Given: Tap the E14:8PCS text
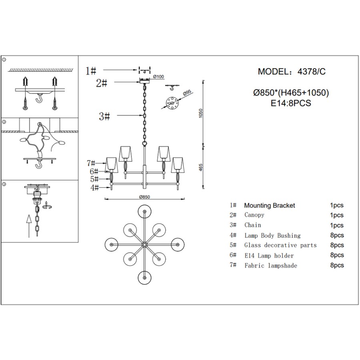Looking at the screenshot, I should click(x=291, y=103).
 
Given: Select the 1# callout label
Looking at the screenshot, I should click(x=91, y=71).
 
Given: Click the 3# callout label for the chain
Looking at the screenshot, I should click(x=104, y=116).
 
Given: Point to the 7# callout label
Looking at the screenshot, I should click(x=91, y=163).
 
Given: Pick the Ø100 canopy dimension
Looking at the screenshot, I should click(x=158, y=76).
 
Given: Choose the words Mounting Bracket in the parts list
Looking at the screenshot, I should click(x=270, y=206).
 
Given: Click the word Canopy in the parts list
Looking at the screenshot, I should click(x=254, y=215).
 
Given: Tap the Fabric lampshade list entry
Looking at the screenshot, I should click(x=271, y=265).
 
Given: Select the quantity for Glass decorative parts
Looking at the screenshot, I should click(x=337, y=245).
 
